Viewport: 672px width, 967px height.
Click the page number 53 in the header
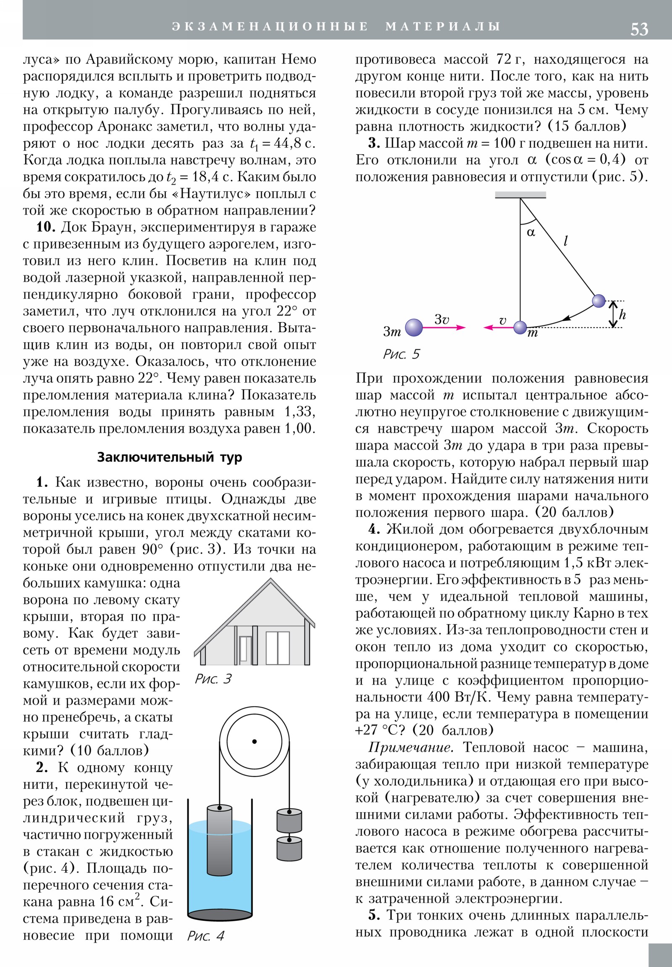639,29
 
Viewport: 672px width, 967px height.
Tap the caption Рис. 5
401,354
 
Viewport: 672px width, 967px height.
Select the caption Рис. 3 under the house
213,679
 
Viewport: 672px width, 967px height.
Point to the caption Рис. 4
205,936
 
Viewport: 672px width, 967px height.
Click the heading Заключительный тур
170,457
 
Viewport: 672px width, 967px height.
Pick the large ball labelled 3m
414,327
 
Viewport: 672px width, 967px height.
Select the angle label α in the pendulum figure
531,233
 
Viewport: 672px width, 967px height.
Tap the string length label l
566,241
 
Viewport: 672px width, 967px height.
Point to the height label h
622,314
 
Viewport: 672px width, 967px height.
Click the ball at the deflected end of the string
598,301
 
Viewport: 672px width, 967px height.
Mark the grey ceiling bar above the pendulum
520,195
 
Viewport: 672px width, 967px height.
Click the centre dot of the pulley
254,741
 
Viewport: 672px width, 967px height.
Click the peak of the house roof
270,580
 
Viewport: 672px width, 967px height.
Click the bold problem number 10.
45,227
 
